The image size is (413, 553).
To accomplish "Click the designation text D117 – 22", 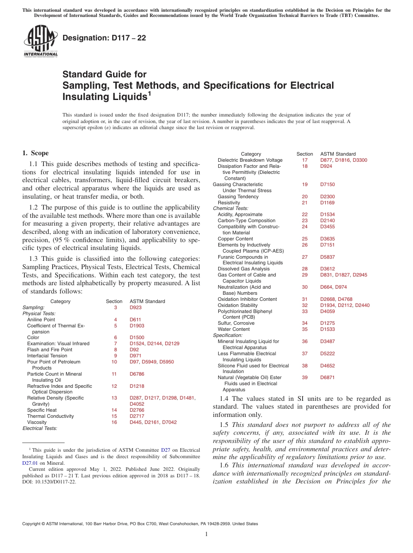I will coord(104,38).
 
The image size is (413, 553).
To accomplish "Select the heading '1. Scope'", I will coord(35,153).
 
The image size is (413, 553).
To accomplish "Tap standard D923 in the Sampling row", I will coord(135,307).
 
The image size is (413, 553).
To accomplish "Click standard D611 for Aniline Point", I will coord(135,320).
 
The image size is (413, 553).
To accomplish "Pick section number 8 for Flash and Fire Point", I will coord(116,350).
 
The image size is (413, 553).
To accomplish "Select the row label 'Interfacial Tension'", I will coord(47,356).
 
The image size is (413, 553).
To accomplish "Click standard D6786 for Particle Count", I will coord(137,374).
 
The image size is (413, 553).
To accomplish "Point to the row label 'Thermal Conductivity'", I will coord(50,416).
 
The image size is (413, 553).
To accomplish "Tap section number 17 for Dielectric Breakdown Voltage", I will coord(305,160).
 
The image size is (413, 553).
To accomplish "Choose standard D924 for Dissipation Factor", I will coord(326,166).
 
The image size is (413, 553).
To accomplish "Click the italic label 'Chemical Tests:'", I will coord(228,209).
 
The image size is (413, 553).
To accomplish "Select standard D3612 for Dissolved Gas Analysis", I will coord(327,269).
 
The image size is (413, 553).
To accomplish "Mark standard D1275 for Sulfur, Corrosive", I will coord(327,323).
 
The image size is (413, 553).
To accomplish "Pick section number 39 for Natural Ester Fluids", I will coord(305,377).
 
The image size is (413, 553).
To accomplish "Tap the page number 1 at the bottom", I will coord(206,534).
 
